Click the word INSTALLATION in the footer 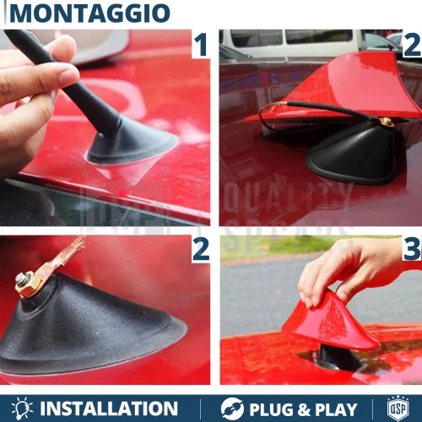109,408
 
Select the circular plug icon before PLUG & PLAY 232,408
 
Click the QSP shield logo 398,408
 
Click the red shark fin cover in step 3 333,325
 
